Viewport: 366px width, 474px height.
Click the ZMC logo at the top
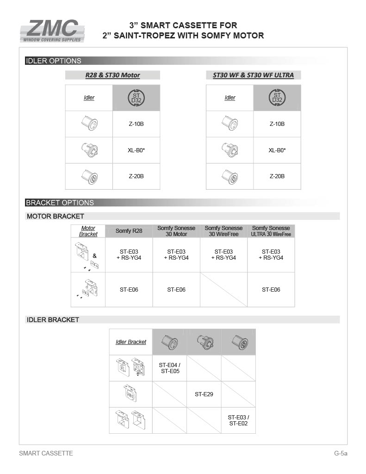point(52,31)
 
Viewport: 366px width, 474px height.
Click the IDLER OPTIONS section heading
point(54,61)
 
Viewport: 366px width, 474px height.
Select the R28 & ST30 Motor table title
point(112,75)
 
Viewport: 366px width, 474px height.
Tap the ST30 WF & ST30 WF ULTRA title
point(253,75)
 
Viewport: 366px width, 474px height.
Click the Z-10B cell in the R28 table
point(136,124)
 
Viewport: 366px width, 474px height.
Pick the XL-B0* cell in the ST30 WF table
point(277,150)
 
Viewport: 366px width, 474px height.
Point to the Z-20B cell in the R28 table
point(136,176)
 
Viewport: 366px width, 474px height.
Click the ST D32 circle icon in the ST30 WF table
point(277,98)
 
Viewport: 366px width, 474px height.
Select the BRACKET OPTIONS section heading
point(60,202)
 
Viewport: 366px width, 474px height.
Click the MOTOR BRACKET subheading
point(56,216)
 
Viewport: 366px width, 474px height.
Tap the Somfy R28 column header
point(129,231)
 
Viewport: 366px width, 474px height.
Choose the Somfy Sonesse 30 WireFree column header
point(223,231)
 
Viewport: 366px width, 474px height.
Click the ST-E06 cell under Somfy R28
point(129,290)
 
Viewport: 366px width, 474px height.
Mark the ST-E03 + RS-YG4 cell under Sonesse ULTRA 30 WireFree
point(271,255)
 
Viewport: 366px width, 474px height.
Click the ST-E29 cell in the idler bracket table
point(204,394)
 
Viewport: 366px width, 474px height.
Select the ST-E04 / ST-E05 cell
point(169,368)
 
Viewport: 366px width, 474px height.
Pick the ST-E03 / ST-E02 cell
point(238,420)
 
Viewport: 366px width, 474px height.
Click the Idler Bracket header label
point(130,342)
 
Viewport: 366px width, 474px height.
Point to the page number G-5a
point(341,453)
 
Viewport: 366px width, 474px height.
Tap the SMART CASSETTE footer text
point(46,453)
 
